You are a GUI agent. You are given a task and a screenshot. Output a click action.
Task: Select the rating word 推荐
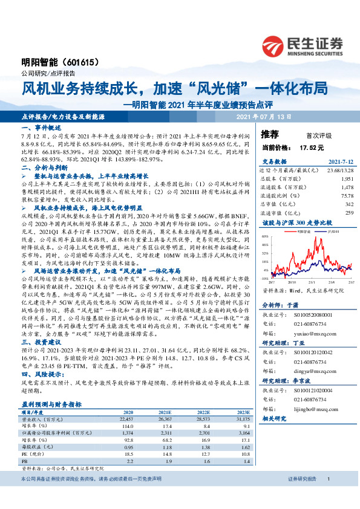270,134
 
